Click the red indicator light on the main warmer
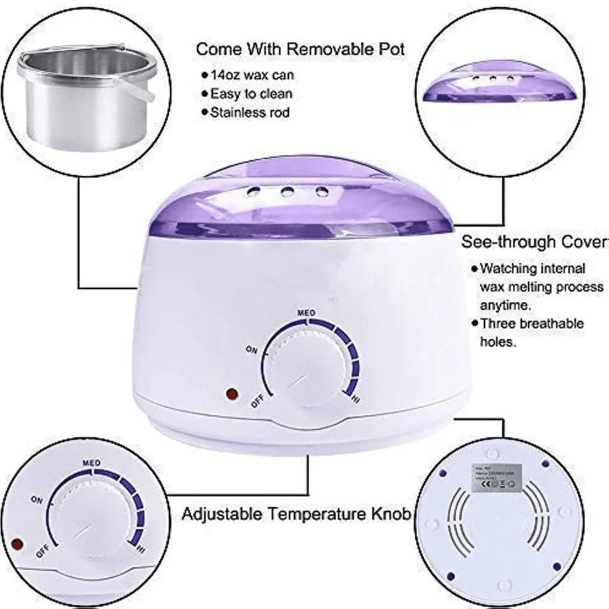point(231,394)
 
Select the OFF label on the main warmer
point(257,403)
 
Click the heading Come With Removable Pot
point(300,49)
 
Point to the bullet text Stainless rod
point(250,112)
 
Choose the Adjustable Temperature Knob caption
point(296,514)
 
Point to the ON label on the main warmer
point(252,350)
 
